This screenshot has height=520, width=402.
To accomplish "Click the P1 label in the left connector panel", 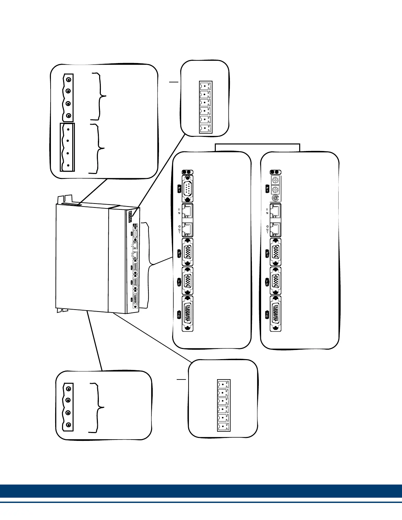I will tap(179, 189).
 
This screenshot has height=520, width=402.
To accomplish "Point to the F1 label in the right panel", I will tap(267, 253).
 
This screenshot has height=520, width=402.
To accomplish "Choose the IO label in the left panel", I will tap(179, 314).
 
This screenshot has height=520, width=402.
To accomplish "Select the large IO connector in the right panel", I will tap(276, 314).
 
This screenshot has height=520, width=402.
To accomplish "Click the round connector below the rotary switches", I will tap(276, 198).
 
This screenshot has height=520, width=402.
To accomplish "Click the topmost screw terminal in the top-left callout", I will tap(68, 80).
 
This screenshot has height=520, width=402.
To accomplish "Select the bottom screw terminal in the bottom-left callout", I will tap(68, 425).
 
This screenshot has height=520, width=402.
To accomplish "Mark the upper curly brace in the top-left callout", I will tap(100, 96).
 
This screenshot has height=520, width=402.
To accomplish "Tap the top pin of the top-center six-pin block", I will tap(206, 86).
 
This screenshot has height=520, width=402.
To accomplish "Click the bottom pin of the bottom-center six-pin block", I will tap(224, 426).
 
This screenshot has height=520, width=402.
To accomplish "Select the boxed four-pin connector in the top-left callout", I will tap(67, 147).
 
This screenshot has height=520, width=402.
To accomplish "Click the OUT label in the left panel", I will tap(179, 229).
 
